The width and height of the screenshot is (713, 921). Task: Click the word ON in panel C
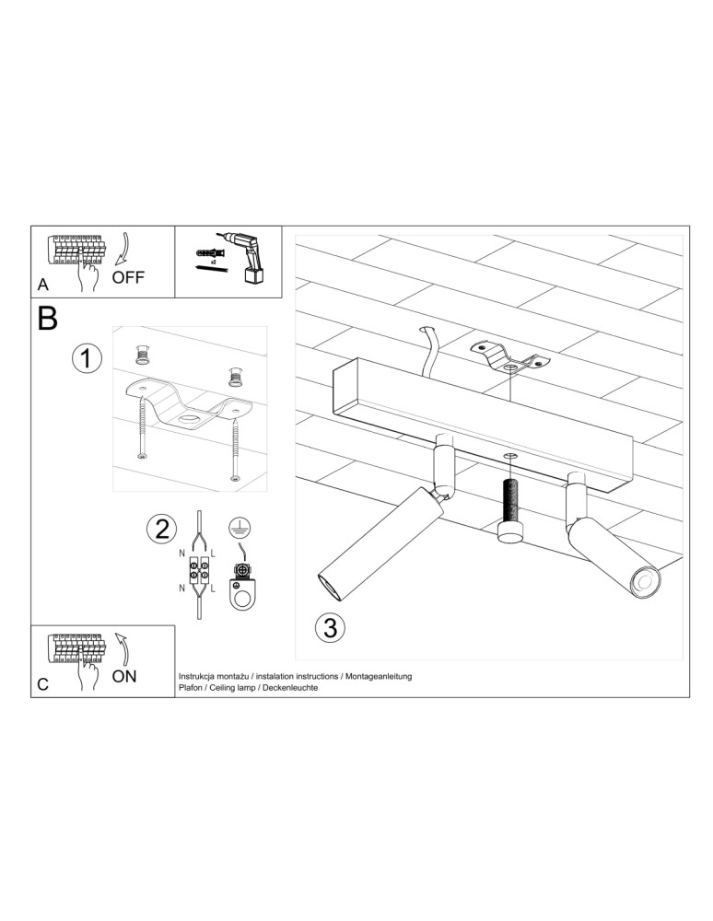(x=124, y=676)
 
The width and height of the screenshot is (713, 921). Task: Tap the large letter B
(x=48, y=319)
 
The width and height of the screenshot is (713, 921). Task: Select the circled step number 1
(x=87, y=358)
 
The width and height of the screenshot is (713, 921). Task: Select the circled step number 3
(x=330, y=628)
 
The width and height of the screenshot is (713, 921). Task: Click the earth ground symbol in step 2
(x=237, y=526)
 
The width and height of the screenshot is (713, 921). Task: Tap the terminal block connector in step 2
(x=198, y=568)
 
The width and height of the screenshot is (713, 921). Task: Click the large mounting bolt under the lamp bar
(x=509, y=510)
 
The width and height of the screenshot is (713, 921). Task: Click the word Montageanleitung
(x=379, y=677)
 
